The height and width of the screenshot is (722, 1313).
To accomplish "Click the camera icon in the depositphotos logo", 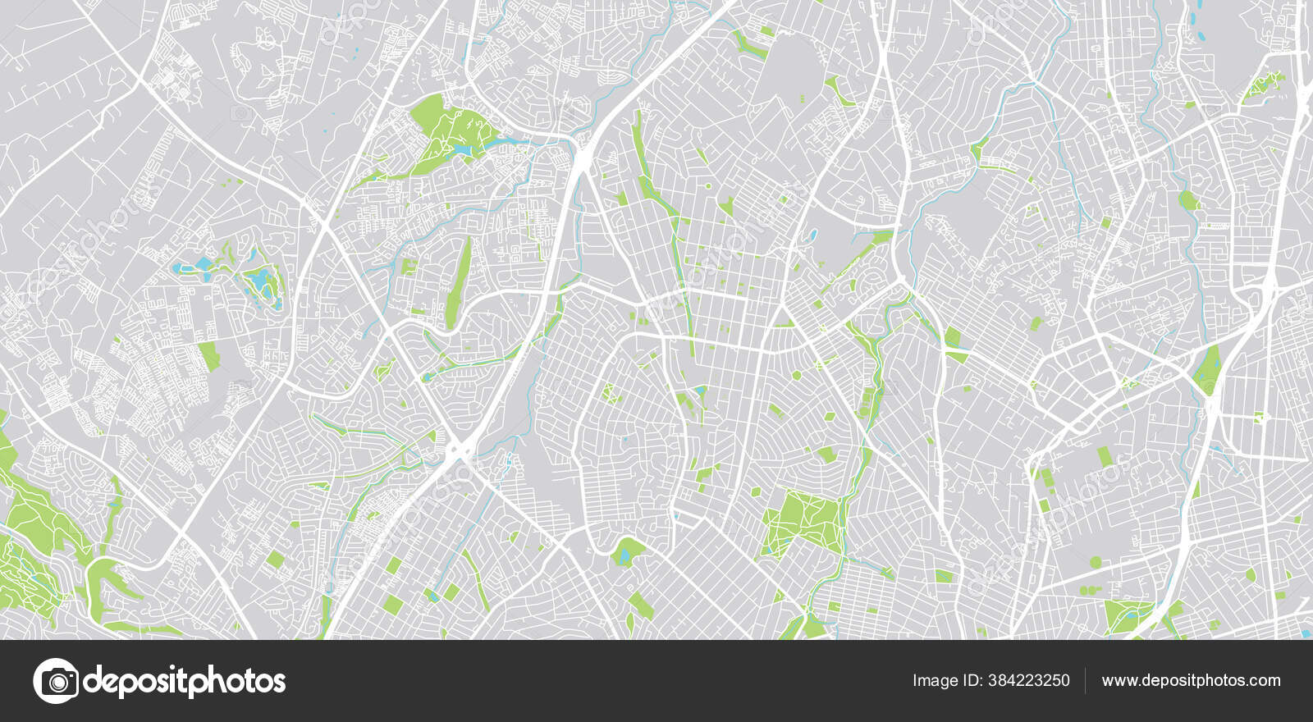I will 56,681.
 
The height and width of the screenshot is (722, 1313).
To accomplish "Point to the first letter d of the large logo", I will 93,680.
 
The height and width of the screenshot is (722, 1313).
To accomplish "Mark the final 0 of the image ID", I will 1065,680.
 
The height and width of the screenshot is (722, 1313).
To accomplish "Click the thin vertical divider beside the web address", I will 1086,680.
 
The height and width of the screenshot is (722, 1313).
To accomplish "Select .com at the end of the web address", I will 1264,680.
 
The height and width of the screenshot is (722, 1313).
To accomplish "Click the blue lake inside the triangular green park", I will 462,150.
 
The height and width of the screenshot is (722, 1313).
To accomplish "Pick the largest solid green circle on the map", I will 1096,562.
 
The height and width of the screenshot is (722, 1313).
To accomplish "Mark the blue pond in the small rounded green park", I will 626,555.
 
